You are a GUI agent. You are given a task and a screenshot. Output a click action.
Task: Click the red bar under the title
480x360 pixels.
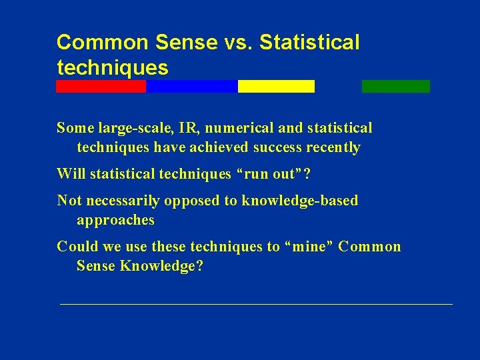point(101,86)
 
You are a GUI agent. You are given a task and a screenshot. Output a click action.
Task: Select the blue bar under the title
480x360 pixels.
point(191,86)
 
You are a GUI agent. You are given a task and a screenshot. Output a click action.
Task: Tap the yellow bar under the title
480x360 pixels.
point(276,86)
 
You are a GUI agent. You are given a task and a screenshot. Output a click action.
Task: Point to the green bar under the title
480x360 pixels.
point(395,86)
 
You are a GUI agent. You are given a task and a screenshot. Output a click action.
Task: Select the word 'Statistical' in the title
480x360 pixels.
point(309,43)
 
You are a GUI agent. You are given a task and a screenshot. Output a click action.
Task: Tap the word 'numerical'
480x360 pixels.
point(231,128)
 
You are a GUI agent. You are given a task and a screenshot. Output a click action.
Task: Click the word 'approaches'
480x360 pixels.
point(115,220)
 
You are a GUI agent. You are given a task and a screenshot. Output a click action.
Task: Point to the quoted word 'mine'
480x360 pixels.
point(309,247)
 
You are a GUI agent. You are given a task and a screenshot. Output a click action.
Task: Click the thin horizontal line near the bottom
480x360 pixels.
point(256,304)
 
